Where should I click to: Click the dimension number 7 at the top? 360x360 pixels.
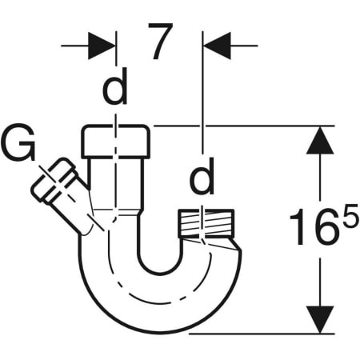point(160,44)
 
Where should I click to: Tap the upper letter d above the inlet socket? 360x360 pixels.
point(116,91)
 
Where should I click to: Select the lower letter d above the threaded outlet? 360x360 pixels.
point(202,181)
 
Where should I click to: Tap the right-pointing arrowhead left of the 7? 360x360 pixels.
point(101,45)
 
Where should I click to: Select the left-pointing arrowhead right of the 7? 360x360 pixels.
point(218,45)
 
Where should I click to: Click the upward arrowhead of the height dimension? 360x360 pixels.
point(320,143)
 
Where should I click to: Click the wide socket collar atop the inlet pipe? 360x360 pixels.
point(116,142)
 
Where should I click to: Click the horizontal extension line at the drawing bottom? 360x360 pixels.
point(264,333)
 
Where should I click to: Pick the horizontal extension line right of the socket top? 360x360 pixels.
point(240,126)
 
